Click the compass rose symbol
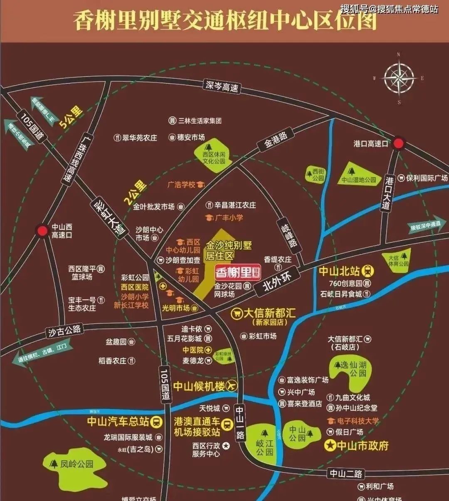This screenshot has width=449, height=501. (x=399, y=78)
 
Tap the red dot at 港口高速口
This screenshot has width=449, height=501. (x=399, y=143)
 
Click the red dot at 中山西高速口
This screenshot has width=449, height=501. (x=42, y=231)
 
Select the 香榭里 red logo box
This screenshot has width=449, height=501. (x=238, y=272)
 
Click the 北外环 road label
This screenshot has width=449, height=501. (x=278, y=282)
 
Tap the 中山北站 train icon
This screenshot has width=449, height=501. (x=368, y=271)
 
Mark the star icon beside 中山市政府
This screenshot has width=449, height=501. (x=331, y=446)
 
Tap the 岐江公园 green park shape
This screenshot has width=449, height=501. (x=264, y=443)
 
